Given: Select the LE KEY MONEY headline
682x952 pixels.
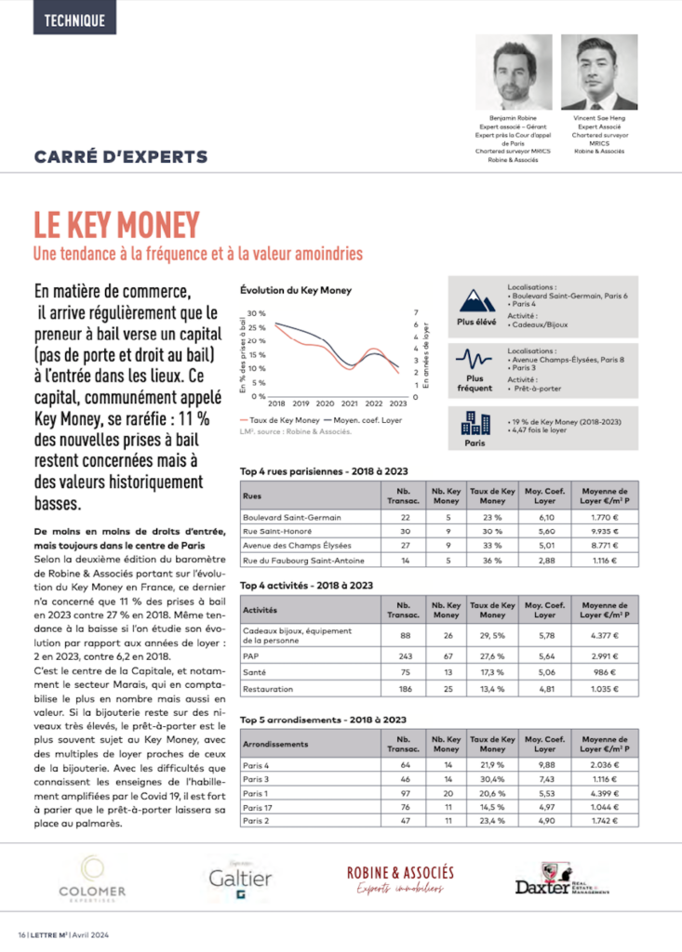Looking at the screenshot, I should tap(116, 225).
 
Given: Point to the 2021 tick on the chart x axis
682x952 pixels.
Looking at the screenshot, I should tap(349, 404).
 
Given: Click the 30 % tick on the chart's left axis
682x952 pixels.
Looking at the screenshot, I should tap(257, 313).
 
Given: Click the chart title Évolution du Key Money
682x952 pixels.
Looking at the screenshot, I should tap(295, 291).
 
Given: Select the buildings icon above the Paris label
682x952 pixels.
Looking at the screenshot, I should tap(475, 425).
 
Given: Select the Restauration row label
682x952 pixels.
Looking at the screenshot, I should tap(269, 689).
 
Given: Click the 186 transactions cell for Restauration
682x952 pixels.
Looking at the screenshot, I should tap(405, 689).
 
